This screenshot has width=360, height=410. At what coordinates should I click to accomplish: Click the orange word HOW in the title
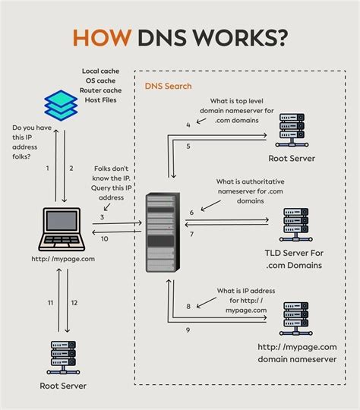[100, 39]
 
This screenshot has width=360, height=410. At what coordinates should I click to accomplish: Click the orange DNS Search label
[168, 87]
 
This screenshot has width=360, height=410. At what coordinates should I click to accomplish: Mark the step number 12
[74, 302]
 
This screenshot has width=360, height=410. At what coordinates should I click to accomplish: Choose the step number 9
[188, 330]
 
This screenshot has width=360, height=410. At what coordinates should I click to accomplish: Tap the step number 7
[191, 234]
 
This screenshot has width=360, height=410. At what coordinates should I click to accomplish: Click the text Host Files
[99, 99]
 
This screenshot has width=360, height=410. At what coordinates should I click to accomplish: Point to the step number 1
[47, 168]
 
